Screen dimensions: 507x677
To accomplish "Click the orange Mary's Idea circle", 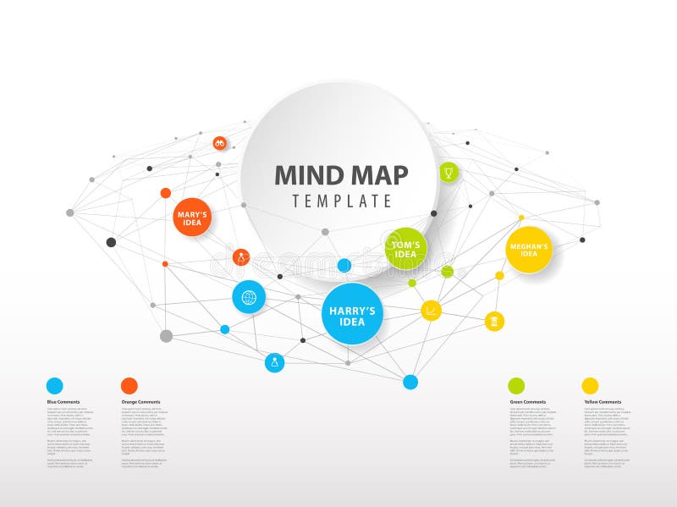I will pyautogui.click(x=191, y=218).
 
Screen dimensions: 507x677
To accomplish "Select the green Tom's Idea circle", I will pyautogui.click(x=405, y=249).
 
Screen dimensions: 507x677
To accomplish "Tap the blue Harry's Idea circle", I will pyautogui.click(x=352, y=315).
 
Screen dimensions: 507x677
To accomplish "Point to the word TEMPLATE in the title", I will pyautogui.click(x=342, y=201).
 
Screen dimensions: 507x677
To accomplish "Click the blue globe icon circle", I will pyautogui.click(x=249, y=297).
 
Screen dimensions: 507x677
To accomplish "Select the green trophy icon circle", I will pyautogui.click(x=448, y=172).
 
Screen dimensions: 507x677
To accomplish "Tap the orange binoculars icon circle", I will pyautogui.click(x=220, y=143).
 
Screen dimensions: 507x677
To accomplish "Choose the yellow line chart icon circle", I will pyautogui.click(x=431, y=311).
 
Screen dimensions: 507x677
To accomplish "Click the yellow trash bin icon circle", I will pyautogui.click(x=495, y=322).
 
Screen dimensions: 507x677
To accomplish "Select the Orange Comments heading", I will pyautogui.click(x=140, y=402).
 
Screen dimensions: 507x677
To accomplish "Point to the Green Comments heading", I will pyautogui.click(x=527, y=402).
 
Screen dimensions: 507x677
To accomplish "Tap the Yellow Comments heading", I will pyautogui.click(x=603, y=402).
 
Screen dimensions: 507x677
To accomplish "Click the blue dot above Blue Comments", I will pyautogui.click(x=54, y=386).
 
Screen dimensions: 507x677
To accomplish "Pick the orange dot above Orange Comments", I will pyautogui.click(x=129, y=386).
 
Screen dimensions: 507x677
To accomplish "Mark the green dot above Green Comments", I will pyautogui.click(x=515, y=386).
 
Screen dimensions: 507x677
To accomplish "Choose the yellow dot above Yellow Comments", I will pyautogui.click(x=590, y=386).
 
